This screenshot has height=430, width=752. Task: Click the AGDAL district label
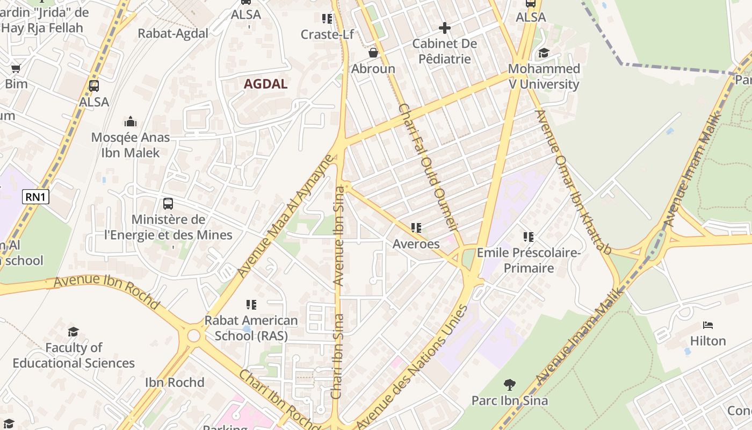pos(265,84)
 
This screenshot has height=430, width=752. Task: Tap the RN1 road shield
pos(35,197)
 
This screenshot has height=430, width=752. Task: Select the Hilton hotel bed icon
pos(708,325)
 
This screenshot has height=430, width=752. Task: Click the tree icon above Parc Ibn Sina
pos(510,385)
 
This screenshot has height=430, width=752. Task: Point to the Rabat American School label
pos(251,328)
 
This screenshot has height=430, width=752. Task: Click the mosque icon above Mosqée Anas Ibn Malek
pos(131,122)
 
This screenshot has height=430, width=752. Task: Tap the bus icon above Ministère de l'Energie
pos(168,204)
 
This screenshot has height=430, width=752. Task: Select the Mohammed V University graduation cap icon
pos(544,53)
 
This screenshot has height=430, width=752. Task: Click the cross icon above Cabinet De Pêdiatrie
pos(444,27)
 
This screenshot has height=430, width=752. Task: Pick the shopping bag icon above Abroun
pos(373,53)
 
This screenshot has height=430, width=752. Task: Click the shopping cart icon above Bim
pos(16,68)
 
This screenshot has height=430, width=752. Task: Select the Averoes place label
pos(416,243)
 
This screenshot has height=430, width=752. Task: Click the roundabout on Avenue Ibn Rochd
pos(194,336)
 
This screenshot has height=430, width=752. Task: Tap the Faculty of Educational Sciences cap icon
pos(74,332)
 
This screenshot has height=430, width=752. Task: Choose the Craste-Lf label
pos(327,34)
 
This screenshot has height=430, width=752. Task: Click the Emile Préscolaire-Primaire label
pos(529,260)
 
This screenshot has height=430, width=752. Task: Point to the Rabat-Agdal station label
pos(173,33)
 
